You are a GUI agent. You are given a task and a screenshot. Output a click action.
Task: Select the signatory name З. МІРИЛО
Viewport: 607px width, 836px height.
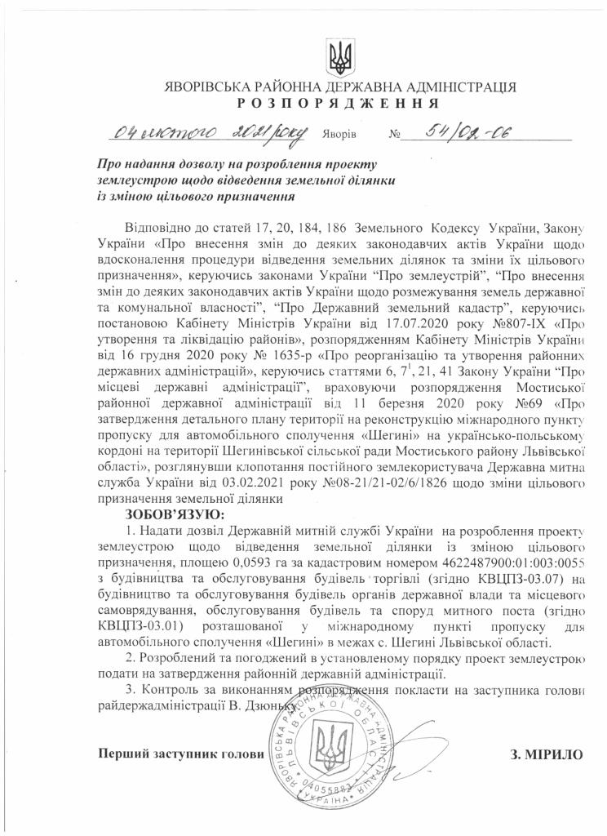pos(548,754)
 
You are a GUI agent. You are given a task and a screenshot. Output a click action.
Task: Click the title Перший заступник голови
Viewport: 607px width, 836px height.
pos(180,754)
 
